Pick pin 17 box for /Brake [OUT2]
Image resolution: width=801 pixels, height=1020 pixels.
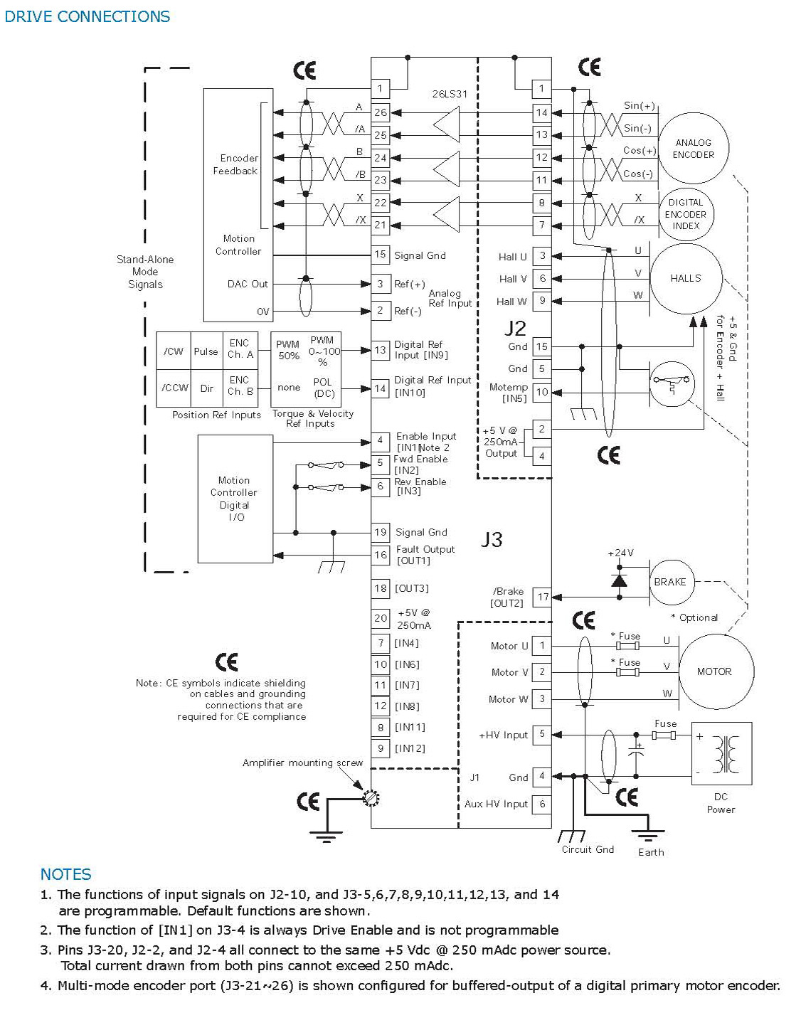point(542,597)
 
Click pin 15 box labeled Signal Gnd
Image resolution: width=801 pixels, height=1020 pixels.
point(381,255)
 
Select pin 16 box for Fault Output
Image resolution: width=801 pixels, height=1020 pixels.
point(380,555)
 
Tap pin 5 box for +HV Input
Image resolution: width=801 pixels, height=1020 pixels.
point(542,734)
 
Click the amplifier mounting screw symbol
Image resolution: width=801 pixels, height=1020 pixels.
point(371,798)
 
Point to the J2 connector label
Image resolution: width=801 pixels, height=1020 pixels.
point(515,328)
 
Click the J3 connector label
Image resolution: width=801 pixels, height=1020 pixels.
point(492,539)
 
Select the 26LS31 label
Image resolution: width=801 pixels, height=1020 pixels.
point(450,94)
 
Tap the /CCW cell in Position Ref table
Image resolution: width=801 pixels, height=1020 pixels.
point(174,388)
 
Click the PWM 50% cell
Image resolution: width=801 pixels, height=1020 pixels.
point(288,351)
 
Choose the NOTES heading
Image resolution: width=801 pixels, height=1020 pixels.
point(65,874)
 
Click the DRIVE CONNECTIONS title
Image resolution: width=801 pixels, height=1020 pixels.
point(87,16)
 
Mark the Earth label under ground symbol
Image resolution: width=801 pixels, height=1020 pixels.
point(651,852)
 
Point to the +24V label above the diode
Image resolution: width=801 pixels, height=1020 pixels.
point(620,553)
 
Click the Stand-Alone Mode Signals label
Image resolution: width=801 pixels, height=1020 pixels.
point(145,272)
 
